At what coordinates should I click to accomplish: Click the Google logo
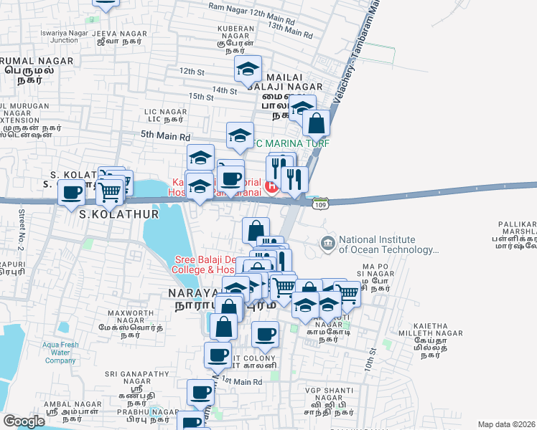pyautogui.click(x=24, y=421)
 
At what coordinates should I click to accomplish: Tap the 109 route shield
pyautogui.click(x=320, y=204)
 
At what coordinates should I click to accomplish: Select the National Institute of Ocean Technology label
pyautogui.click(x=387, y=245)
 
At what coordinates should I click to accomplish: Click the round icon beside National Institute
pyautogui.click(x=329, y=243)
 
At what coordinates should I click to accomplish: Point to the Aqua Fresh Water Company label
pyautogui.click(x=50, y=352)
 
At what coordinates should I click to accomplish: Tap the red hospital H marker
pyautogui.click(x=271, y=188)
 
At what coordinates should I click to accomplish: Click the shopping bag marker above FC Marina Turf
pyautogui.click(x=316, y=124)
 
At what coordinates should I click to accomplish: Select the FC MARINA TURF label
pyautogui.click(x=291, y=143)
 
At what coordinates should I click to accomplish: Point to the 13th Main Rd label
pyautogui.click(x=290, y=30)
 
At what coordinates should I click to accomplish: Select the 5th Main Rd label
pyautogui.click(x=165, y=135)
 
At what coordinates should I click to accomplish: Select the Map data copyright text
pyautogui.click(x=505, y=424)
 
